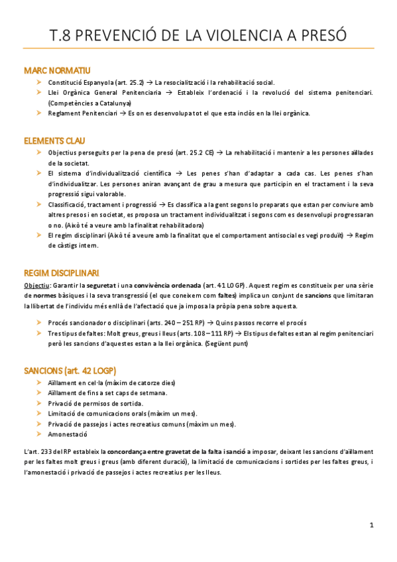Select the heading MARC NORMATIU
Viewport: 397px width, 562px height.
click(x=57, y=70)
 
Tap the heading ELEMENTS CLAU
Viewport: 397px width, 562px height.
click(x=55, y=141)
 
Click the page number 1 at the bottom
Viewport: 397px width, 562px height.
click(x=372, y=525)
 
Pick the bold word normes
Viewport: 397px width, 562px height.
click(x=44, y=296)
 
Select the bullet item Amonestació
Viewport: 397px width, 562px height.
click(x=68, y=434)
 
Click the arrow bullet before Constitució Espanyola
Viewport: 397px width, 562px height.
click(x=40, y=82)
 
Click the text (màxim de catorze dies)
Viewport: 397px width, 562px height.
click(x=143, y=382)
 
